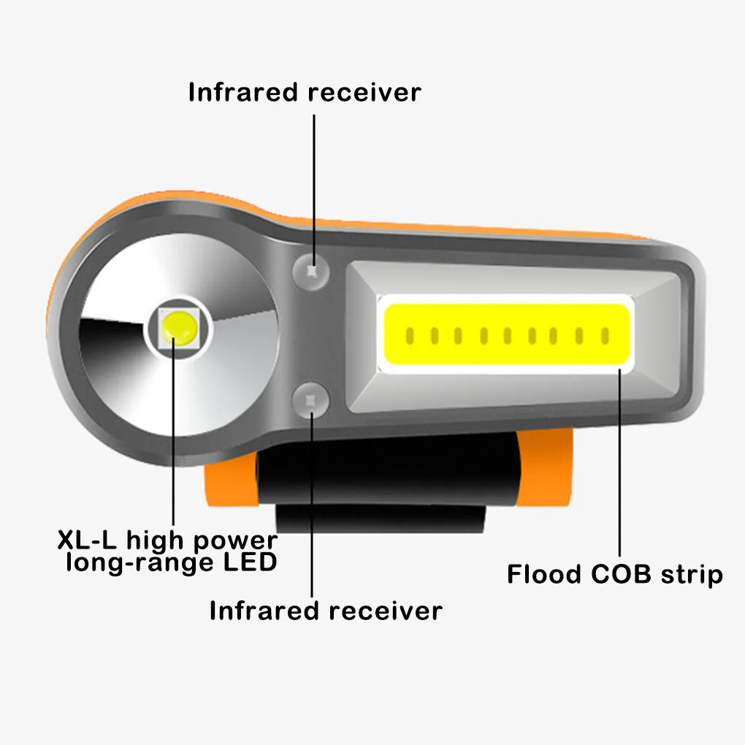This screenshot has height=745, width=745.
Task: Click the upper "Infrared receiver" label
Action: [305, 93]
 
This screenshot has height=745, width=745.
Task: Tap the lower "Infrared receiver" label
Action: [326, 611]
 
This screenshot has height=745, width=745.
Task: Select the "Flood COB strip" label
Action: [615, 574]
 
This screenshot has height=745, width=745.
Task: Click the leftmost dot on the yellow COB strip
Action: [410, 336]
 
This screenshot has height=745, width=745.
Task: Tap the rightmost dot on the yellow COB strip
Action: [605, 336]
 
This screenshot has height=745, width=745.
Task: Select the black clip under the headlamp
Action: [380, 482]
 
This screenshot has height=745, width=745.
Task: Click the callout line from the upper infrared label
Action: [314, 183]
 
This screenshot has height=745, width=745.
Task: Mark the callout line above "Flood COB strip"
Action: [622, 467]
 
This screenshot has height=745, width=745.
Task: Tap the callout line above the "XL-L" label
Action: [174, 438]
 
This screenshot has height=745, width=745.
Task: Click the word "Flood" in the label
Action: [544, 574]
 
